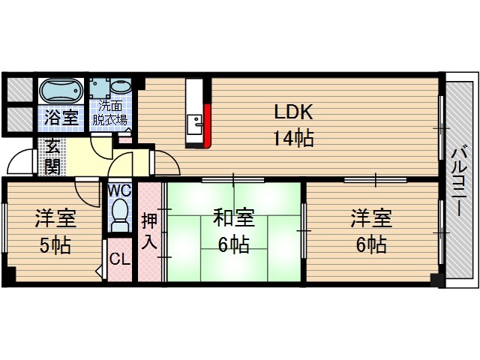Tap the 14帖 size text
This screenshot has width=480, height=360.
292,138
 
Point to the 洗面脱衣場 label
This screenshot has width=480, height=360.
109,113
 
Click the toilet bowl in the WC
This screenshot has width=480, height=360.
119,217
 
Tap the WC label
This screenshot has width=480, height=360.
119,190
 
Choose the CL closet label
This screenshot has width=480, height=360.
118,260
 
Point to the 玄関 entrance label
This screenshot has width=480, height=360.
52,155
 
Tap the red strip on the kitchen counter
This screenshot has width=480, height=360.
208,124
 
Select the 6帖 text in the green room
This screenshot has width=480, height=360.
234,244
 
